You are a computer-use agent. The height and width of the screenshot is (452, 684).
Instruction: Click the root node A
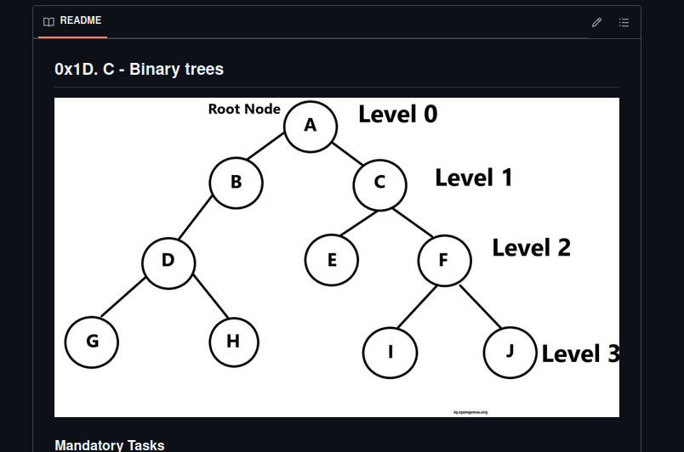(311, 126)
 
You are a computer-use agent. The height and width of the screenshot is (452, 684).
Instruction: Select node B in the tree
(236, 182)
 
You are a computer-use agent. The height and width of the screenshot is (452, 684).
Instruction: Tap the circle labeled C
(379, 182)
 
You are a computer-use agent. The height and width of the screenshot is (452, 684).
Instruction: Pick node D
(168, 261)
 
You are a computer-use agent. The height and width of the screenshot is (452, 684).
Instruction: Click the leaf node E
(332, 260)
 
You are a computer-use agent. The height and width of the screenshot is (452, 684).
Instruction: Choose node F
(443, 260)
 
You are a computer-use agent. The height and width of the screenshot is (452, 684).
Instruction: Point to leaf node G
(92, 342)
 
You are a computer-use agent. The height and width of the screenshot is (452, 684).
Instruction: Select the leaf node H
(233, 342)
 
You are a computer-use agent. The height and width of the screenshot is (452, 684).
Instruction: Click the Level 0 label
(397, 115)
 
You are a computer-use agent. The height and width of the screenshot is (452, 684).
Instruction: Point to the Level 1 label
(474, 178)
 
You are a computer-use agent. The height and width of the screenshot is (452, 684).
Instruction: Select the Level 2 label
(532, 247)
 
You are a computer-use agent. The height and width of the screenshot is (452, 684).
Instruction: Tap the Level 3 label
(580, 353)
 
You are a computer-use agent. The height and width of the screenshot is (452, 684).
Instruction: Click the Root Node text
(244, 109)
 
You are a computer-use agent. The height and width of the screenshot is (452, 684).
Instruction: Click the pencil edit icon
(596, 22)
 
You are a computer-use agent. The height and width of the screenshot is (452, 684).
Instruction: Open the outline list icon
(624, 22)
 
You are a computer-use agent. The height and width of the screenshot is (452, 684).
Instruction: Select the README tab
(72, 20)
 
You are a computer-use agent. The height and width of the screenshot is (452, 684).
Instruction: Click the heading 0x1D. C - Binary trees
(139, 69)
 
